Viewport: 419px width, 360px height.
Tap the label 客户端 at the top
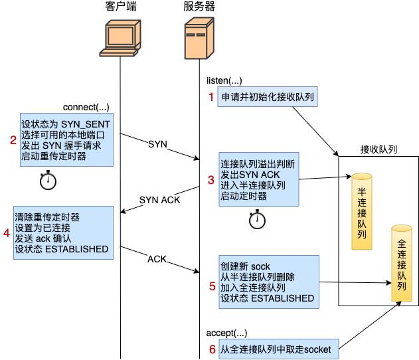(121, 7)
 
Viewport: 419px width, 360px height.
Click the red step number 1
(212, 98)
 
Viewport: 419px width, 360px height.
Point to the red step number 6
(212, 349)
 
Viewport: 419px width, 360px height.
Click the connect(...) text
(86, 107)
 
